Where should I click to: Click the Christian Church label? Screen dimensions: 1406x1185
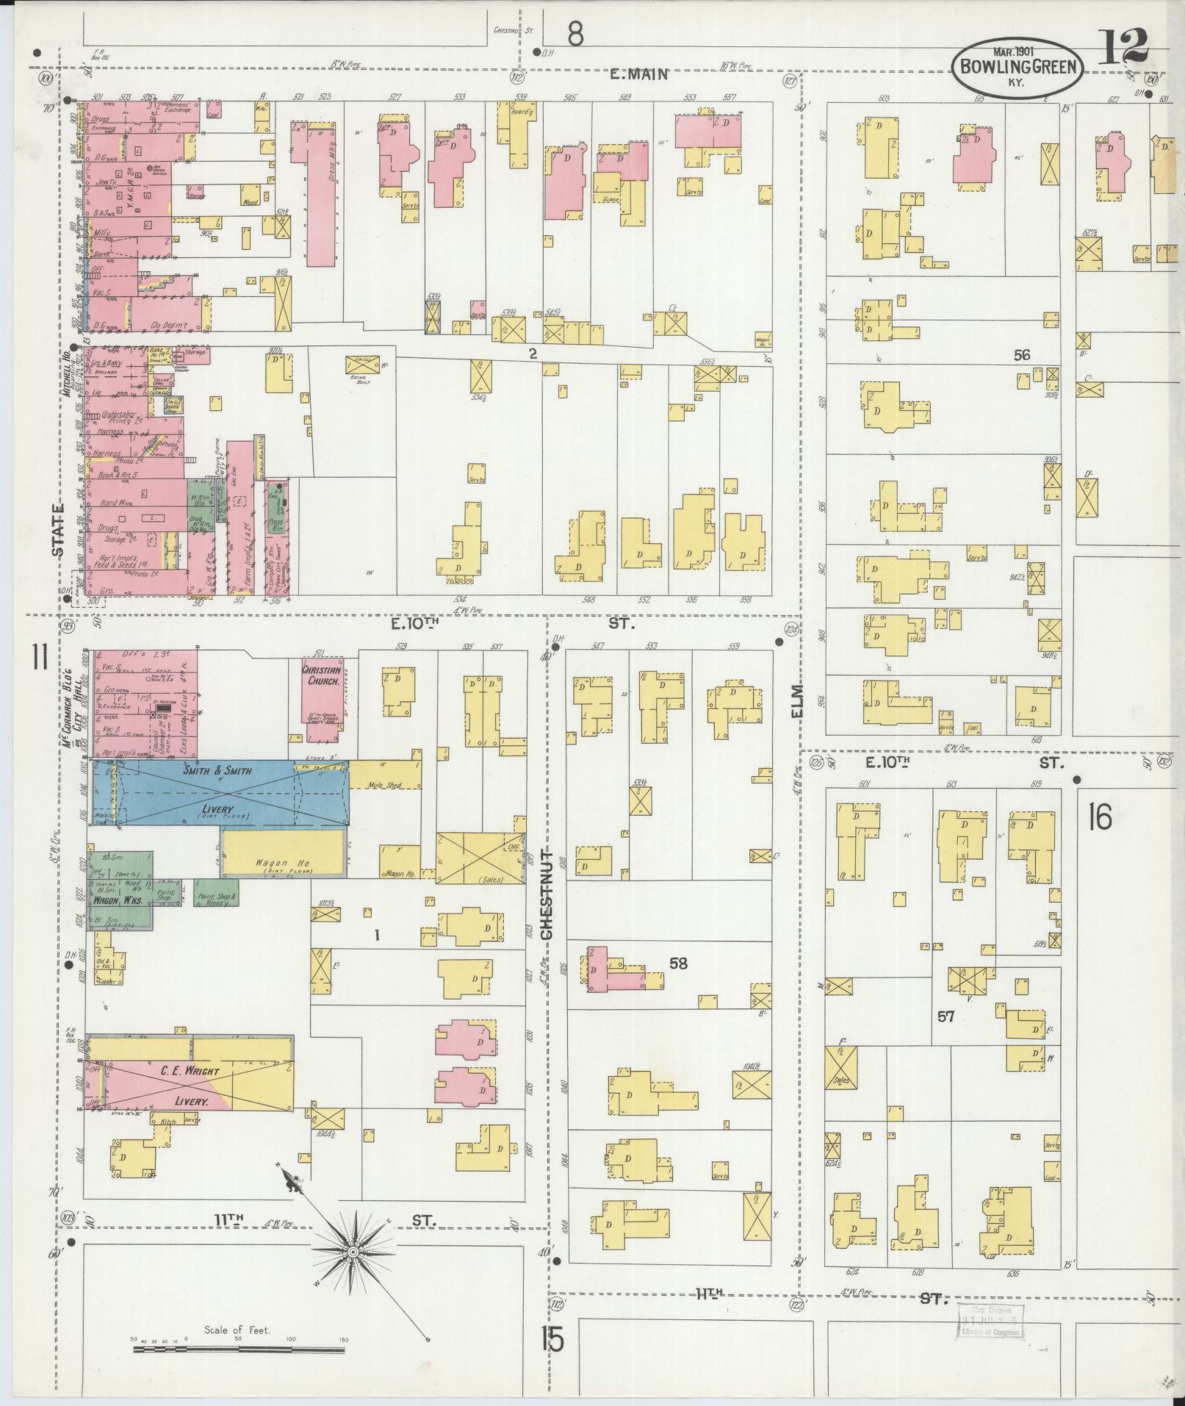(x=323, y=675)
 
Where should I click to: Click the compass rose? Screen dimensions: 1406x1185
(x=354, y=1252)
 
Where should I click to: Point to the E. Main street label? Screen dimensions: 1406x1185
(x=640, y=73)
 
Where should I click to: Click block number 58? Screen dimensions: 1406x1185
(x=678, y=963)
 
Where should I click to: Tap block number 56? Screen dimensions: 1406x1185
(x=1021, y=355)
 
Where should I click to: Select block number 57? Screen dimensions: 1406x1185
(x=946, y=1016)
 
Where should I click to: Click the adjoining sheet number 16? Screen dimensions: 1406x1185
(x=1101, y=817)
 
